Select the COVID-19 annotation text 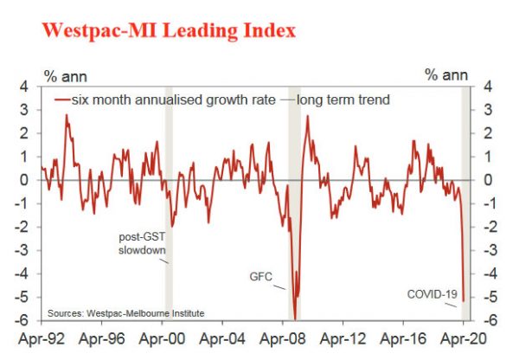[x=431, y=294]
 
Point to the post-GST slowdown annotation [x=141, y=243]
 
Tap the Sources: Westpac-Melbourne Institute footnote [x=125, y=312]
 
